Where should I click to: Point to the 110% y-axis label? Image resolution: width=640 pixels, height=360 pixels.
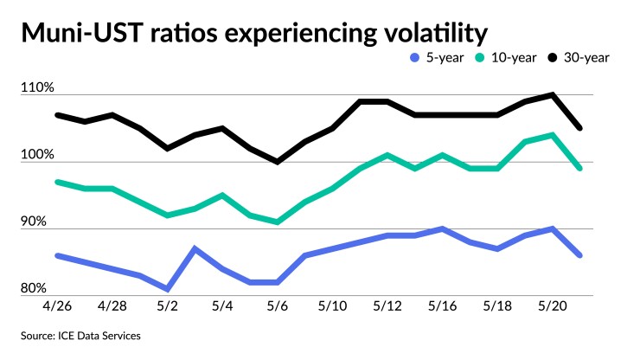tap(39, 88)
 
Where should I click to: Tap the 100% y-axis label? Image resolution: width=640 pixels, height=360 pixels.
tap(39, 156)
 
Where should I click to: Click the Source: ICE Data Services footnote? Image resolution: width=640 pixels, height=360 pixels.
tap(82, 334)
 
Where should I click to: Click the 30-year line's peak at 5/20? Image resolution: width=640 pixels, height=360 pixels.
tap(552, 95)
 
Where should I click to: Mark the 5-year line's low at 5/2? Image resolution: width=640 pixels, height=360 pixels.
tap(167, 288)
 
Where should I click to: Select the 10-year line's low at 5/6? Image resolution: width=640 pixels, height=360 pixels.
tap(277, 222)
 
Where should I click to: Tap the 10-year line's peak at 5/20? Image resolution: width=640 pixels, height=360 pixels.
tap(552, 135)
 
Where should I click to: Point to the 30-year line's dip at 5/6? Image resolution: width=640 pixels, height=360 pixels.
tap(277, 162)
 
